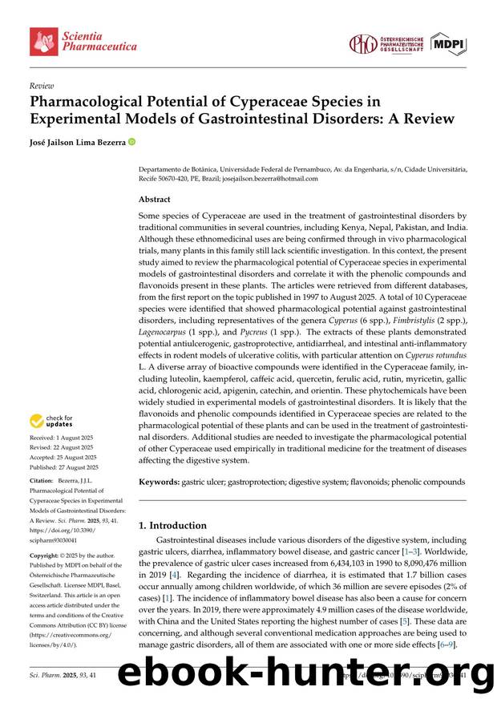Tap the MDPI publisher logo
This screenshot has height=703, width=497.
pos(448,43)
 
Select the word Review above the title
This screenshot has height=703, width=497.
pos(42,84)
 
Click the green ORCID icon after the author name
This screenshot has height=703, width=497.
pos(132,143)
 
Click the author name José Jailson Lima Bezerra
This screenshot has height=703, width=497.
pos(77,143)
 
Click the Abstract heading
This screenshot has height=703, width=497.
pos(155,200)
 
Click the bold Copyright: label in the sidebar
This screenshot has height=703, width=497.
pos(47,555)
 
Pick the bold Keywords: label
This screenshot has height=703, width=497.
pos(160,482)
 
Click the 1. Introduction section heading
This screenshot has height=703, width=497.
pos(172,526)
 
